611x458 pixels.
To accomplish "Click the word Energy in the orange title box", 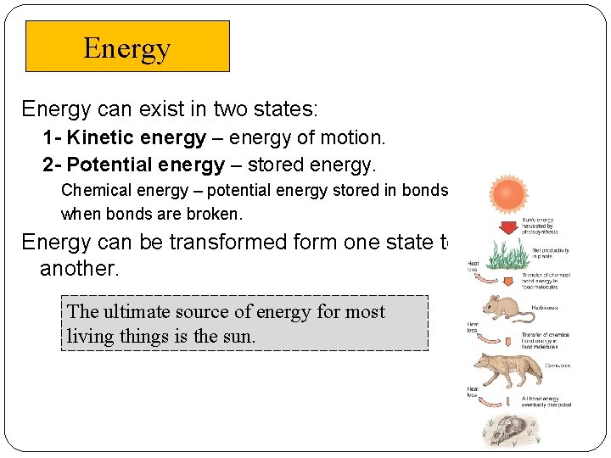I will pyautogui.click(x=126, y=48).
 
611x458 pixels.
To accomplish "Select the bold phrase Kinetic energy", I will pyautogui.click(x=137, y=137).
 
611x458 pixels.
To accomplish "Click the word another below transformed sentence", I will pyautogui.click(x=80, y=269).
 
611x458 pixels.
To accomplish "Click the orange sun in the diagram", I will pyautogui.click(x=509, y=196).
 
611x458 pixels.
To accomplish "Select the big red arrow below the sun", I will pyautogui.click(x=509, y=226).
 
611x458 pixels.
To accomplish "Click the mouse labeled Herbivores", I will pyautogui.click(x=507, y=309).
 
